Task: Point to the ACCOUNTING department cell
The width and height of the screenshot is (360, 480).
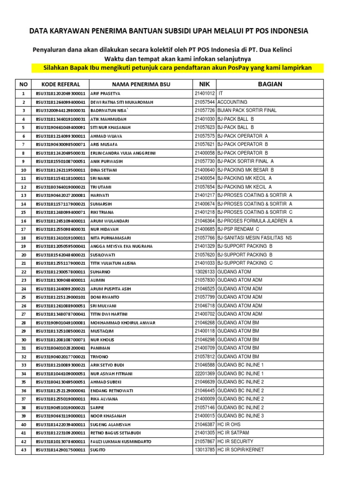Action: coord(232,102)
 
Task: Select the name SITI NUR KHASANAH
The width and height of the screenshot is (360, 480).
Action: coord(107,127)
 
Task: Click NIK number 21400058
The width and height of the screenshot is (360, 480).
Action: coord(204,153)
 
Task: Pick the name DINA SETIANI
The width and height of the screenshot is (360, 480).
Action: coord(101,170)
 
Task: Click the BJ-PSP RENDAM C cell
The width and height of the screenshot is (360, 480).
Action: coord(238,229)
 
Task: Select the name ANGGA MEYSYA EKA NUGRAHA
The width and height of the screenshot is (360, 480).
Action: coord(121,247)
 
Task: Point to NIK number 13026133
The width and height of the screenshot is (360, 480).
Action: coord(204,272)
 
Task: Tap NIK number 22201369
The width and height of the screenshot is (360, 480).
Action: coord(204,374)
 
